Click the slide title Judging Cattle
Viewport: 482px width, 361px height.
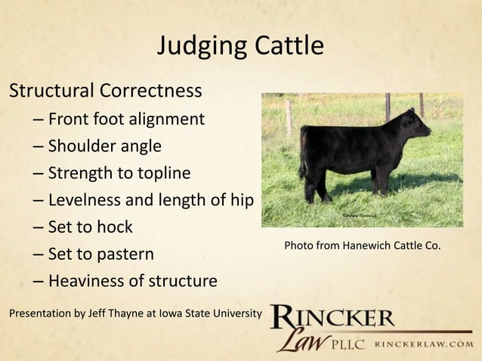pyautogui.click(x=240, y=47)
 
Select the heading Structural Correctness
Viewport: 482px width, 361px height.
pyautogui.click(x=105, y=91)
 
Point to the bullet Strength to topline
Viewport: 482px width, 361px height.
pyautogui.click(x=119, y=173)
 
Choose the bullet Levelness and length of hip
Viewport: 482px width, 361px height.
pyautogui.click(x=150, y=200)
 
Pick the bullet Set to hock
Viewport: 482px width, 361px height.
pyautogui.click(x=90, y=227)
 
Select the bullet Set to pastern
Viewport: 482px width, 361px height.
pyautogui.click(x=101, y=254)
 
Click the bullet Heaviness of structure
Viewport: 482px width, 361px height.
pyautogui.click(x=132, y=281)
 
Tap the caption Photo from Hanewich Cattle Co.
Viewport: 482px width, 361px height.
pyautogui.click(x=362, y=246)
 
